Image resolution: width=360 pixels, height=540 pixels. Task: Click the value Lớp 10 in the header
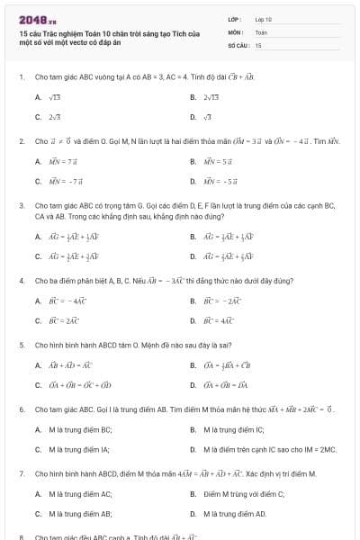[x=264, y=19]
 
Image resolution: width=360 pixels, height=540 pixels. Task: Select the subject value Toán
[x=261, y=31]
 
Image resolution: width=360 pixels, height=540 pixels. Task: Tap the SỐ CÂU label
[x=238, y=44]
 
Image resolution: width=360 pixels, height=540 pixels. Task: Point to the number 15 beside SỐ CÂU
[x=258, y=44]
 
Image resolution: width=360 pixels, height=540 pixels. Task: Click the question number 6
[x=21, y=409]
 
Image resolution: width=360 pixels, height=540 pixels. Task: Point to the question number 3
[x=21, y=205]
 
